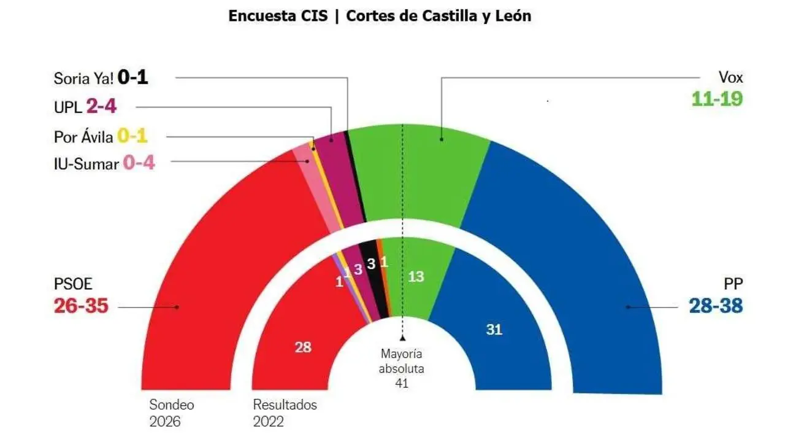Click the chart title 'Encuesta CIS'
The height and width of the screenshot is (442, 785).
(278, 16)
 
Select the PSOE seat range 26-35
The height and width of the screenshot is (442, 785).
(81, 305)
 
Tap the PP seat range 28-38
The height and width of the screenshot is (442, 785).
(716, 305)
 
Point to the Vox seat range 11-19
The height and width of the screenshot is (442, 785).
(717, 98)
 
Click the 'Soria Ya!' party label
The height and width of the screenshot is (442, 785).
(83, 79)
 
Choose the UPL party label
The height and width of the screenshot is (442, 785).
(68, 108)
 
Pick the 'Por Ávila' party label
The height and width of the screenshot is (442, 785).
(83, 137)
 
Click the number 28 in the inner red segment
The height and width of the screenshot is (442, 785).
(303, 347)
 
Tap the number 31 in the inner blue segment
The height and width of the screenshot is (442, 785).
(494, 330)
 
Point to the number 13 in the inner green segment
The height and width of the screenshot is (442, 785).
(416, 277)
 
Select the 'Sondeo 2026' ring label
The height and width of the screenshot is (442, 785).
(170, 413)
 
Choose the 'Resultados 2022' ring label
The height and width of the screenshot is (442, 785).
(285, 413)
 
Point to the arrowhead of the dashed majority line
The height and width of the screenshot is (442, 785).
(402, 338)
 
